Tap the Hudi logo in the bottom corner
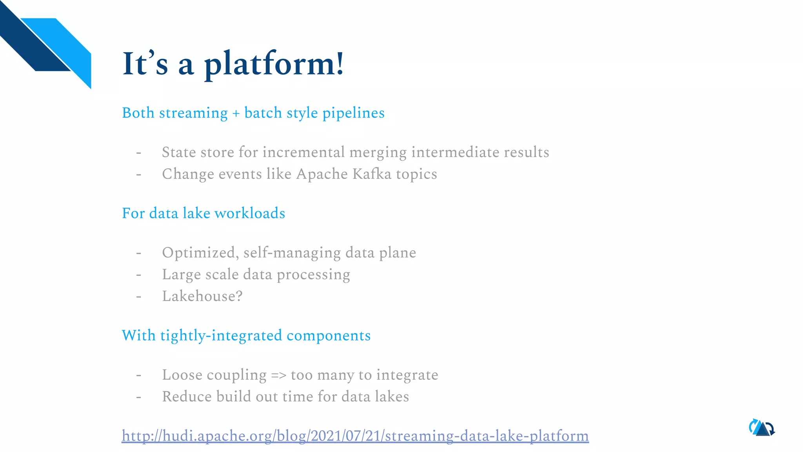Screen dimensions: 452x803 tap(761, 428)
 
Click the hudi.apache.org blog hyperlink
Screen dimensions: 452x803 tap(355, 436)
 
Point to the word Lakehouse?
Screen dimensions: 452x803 tap(202, 296)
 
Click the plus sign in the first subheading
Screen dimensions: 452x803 tap(236, 113)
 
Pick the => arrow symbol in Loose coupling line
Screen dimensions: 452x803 tap(279, 375)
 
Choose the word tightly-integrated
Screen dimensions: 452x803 tap(221, 336)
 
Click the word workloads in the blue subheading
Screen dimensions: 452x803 tap(250, 213)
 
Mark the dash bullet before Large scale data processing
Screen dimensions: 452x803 tap(139, 275)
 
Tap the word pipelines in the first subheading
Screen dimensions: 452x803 tap(353, 113)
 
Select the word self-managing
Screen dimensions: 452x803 tap(292, 253)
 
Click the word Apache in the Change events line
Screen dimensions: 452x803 tap(322, 174)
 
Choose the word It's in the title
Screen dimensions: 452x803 tap(145, 64)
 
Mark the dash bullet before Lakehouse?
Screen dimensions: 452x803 tap(139, 296)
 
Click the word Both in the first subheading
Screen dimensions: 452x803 tap(138, 113)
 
